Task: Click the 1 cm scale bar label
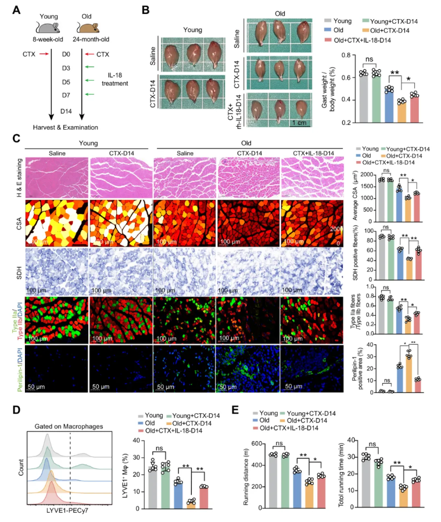pos(300,123)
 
